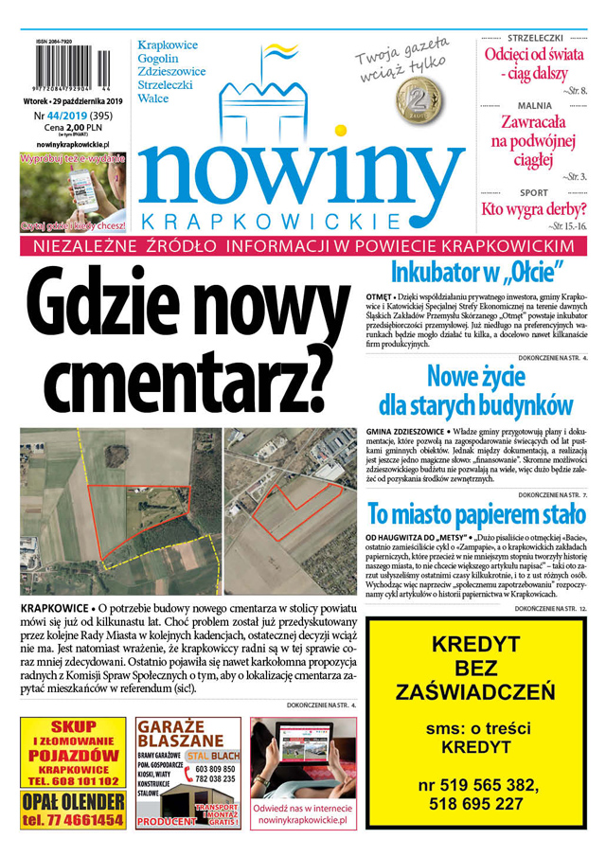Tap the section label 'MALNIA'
[x=534, y=106]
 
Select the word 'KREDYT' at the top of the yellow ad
[x=475, y=645]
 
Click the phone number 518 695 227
[x=475, y=803]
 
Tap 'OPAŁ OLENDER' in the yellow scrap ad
[x=72, y=801]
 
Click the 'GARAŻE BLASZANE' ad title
[x=187, y=735]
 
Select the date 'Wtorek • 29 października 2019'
[x=74, y=100]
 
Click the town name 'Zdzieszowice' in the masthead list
[x=171, y=71]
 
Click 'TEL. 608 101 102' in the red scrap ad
[x=73, y=781]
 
